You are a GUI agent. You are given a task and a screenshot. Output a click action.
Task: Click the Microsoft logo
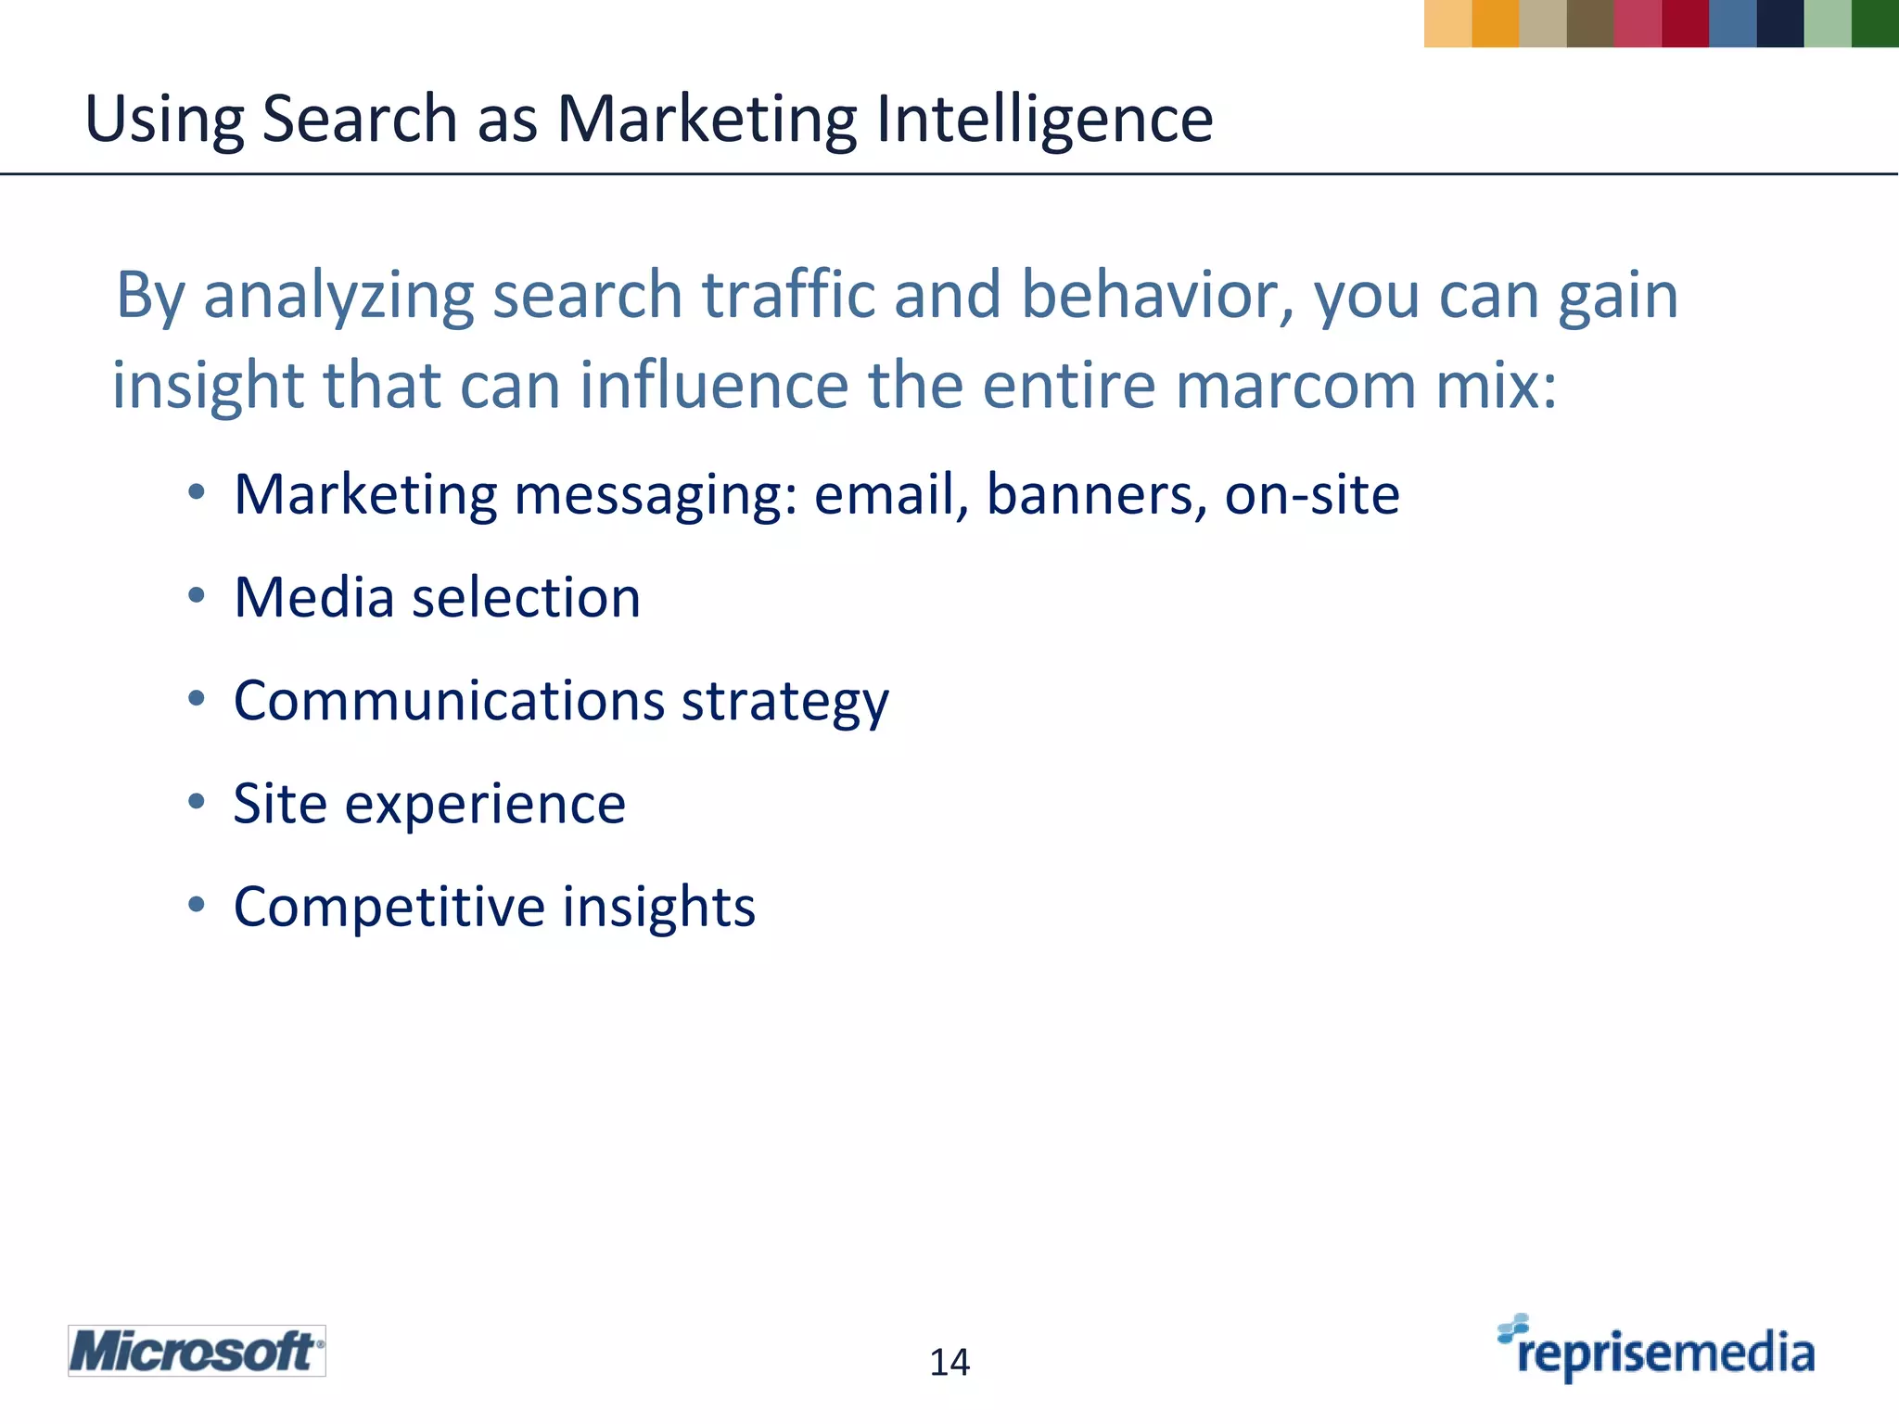[197, 1351]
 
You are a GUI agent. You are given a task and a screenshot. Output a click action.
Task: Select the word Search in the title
[360, 121]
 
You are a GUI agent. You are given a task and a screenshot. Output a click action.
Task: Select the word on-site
[1311, 494]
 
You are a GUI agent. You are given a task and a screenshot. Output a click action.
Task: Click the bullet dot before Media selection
[196, 596]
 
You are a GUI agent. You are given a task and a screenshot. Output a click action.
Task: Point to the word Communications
[449, 700]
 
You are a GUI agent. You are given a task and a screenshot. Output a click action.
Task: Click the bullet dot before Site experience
[196, 802]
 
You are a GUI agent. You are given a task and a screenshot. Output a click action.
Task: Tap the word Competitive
[389, 907]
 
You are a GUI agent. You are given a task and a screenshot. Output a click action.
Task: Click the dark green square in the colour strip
[1875, 23]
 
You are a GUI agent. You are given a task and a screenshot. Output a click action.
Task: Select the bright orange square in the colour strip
[1495, 23]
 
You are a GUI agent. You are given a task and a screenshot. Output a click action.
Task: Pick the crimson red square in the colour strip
[1685, 23]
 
